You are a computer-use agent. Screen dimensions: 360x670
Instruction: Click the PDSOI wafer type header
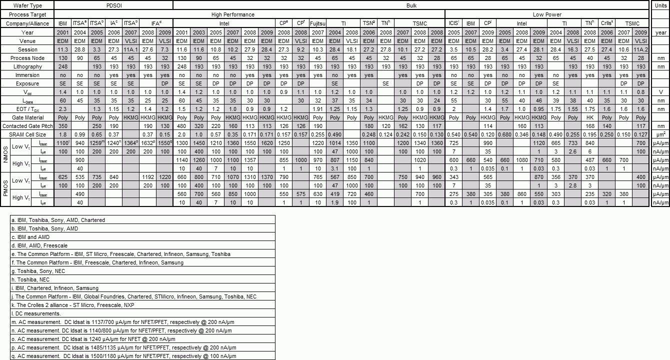[113, 5]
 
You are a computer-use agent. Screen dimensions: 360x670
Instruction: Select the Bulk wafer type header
[411, 5]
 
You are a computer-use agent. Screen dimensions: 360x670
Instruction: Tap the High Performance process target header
[232, 14]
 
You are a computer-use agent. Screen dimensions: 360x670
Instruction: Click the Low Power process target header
[547, 14]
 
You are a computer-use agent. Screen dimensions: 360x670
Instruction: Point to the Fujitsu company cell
[318, 23]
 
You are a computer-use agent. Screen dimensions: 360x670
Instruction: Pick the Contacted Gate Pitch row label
[27, 126]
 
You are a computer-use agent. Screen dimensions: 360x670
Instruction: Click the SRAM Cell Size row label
[27, 134]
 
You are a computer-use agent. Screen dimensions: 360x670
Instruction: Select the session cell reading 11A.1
[130, 49]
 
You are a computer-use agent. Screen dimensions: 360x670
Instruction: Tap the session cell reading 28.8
[79, 49]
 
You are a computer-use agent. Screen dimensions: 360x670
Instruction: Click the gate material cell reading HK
[589, 117]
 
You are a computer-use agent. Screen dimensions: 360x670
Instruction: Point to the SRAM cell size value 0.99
[79, 134]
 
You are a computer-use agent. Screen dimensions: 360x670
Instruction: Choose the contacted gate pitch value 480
[181, 126]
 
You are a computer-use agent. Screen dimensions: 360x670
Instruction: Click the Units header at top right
[660, 5]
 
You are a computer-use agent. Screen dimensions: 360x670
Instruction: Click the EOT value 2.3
[62, 109]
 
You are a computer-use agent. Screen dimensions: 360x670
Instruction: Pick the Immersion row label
[27, 75]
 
